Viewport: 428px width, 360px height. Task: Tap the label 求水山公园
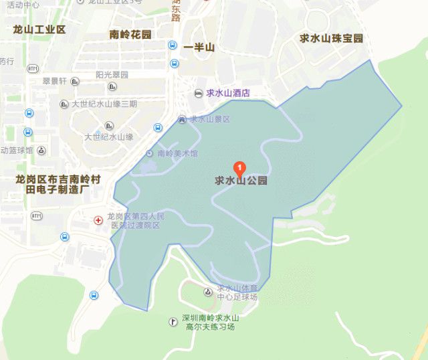241,181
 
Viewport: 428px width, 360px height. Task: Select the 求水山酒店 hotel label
227,93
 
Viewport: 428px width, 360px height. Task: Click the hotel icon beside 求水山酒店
198,93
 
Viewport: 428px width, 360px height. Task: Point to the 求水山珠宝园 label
332,39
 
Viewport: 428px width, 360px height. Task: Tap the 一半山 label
199,48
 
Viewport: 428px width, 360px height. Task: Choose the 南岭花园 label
131,34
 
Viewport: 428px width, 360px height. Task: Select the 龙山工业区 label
39,29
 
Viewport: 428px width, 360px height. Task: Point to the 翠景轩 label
54,81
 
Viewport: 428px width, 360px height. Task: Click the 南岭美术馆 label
177,153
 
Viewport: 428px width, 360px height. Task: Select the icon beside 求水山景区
183,119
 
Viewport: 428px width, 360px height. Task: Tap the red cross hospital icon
98,219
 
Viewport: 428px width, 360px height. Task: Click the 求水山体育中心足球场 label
240,292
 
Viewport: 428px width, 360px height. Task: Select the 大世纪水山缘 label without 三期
108,137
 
